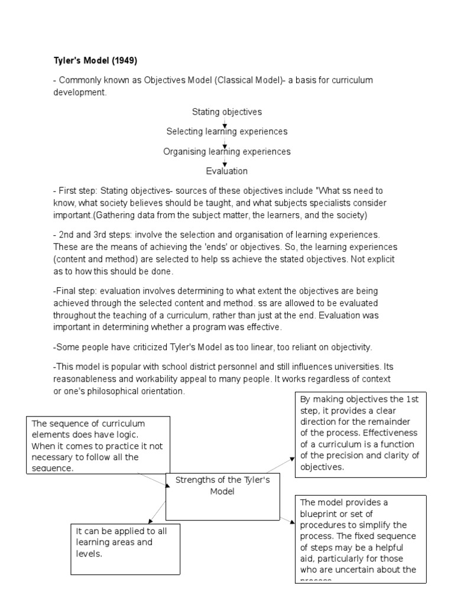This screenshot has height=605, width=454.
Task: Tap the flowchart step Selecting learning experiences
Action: click(226, 131)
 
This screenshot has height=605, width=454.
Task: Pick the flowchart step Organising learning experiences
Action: click(226, 151)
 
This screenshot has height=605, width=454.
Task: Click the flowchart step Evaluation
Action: click(226, 171)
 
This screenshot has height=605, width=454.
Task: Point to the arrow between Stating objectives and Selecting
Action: click(225, 122)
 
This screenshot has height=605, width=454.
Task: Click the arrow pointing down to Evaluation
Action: click(225, 161)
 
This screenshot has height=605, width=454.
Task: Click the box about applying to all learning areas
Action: click(125, 548)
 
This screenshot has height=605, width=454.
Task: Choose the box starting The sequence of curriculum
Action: click(98, 445)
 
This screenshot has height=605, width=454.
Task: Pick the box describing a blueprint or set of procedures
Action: click(361, 538)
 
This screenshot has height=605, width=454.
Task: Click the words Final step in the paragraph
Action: click(74, 291)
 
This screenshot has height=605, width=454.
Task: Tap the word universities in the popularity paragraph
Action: click(332, 367)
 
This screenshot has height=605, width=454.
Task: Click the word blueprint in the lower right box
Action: click(321, 513)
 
